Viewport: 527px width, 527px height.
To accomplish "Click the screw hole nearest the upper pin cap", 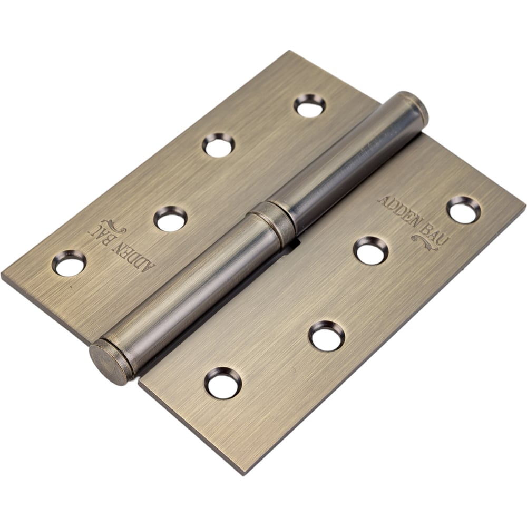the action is tap(310, 105).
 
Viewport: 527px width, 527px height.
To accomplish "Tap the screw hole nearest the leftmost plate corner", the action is tap(69, 263).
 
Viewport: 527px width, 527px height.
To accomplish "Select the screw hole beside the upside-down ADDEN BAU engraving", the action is tap(170, 219).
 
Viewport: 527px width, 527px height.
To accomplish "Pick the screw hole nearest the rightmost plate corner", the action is tap(463, 209).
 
